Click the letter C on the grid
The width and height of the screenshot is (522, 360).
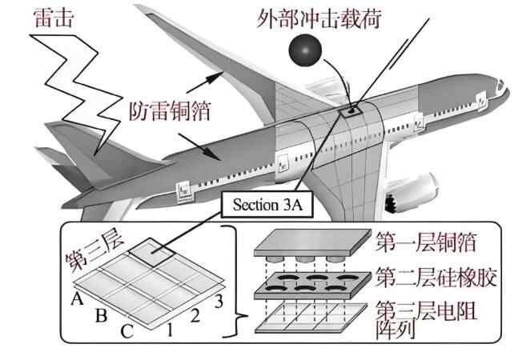[x=129, y=330]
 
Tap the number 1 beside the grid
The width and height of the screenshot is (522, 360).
[x=170, y=327]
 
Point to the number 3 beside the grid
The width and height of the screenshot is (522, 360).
[x=216, y=302]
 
